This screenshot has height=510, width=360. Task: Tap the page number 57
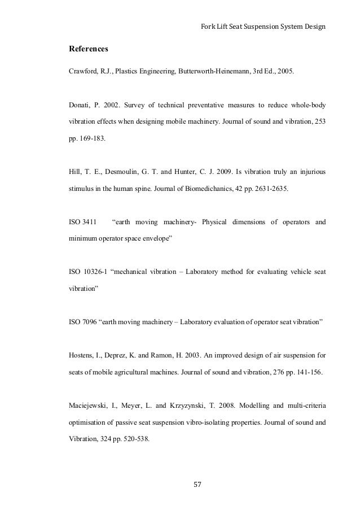197,483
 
